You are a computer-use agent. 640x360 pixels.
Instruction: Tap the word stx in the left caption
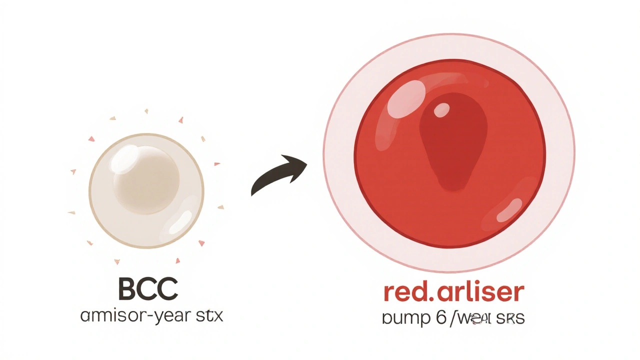pyautogui.click(x=207, y=316)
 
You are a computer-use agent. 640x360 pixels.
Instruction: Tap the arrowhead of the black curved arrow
pyautogui.click(x=298, y=163)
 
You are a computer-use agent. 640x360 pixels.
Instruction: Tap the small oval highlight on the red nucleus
pyautogui.click(x=441, y=110)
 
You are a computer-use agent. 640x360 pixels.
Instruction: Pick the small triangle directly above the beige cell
pyautogui.click(x=146, y=110)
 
